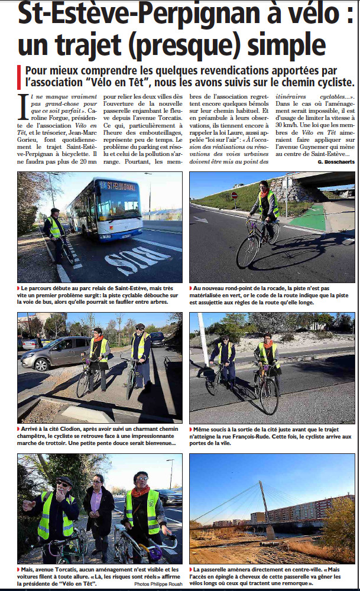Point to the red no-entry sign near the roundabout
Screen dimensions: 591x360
point(234,196)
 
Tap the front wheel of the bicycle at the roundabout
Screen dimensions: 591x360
point(248,251)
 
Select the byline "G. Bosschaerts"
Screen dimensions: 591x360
point(335,161)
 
